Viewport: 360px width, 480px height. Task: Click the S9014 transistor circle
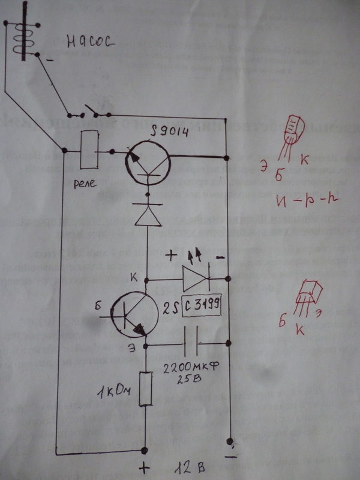(146, 157)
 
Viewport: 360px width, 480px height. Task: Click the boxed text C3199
(203, 307)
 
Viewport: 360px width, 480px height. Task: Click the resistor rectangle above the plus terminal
(144, 389)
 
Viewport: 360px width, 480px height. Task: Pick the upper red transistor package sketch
(295, 130)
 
